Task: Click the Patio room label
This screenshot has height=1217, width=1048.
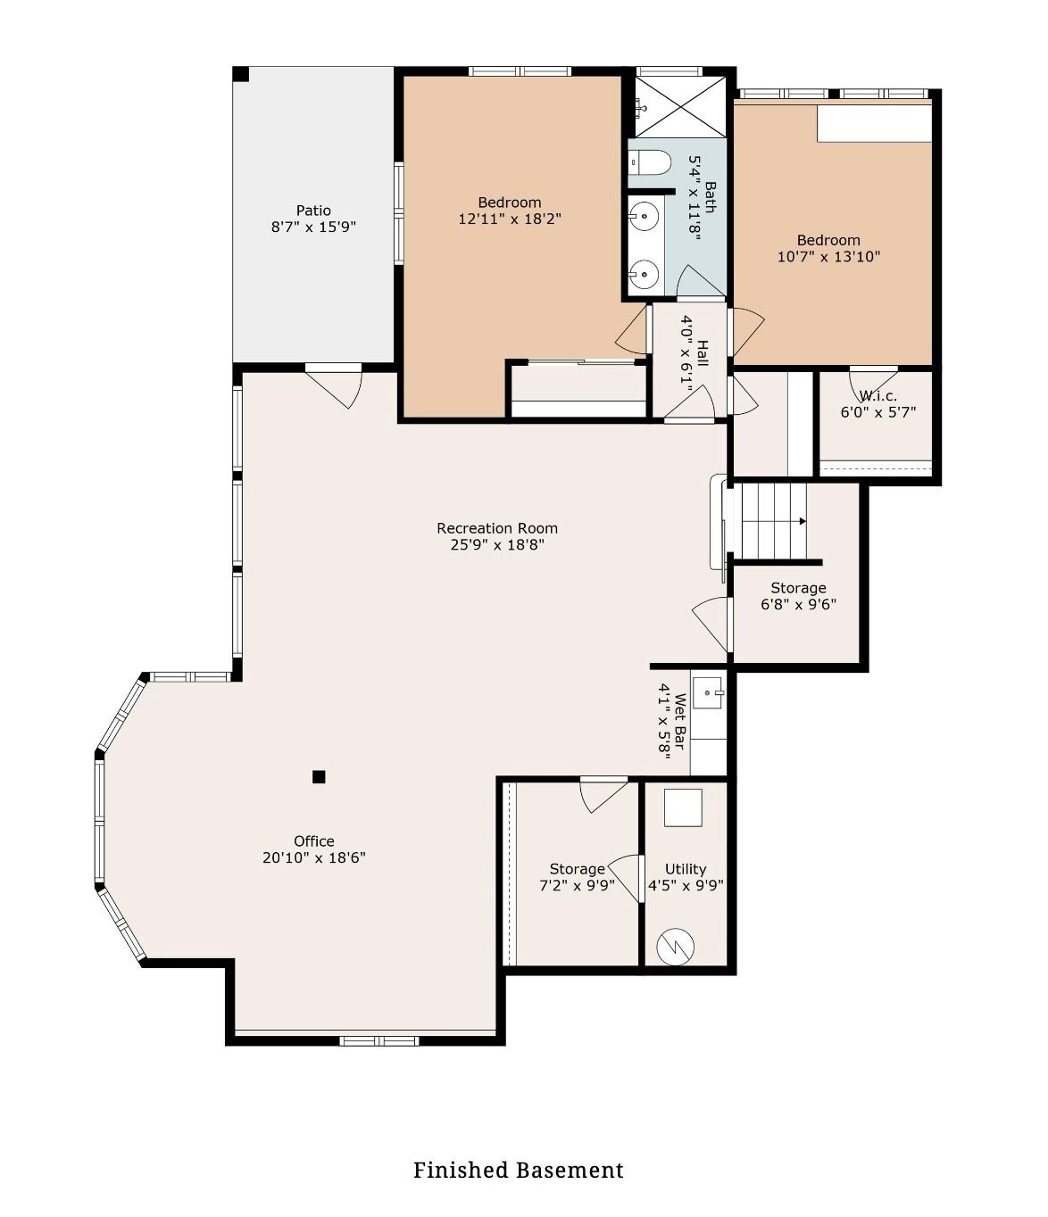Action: click(313, 211)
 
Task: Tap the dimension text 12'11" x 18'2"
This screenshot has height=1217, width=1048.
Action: click(509, 219)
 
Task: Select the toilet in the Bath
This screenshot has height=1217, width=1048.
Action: click(649, 162)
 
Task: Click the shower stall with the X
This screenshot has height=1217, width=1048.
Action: click(680, 106)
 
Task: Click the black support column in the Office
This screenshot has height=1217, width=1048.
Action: click(319, 777)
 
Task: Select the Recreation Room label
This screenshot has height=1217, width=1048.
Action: click(497, 528)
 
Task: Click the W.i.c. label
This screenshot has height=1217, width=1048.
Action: click(877, 396)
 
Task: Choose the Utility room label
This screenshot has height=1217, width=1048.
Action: click(686, 869)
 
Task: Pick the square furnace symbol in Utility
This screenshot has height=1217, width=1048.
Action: click(683, 807)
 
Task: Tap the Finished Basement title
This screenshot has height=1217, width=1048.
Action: click(518, 1170)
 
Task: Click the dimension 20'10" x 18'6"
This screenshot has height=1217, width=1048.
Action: click(314, 858)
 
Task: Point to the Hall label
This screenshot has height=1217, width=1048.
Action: click(703, 353)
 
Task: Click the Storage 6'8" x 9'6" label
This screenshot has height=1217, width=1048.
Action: click(798, 596)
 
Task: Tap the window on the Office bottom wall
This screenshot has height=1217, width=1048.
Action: click(379, 1040)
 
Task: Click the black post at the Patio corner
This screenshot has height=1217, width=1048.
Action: click(241, 74)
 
